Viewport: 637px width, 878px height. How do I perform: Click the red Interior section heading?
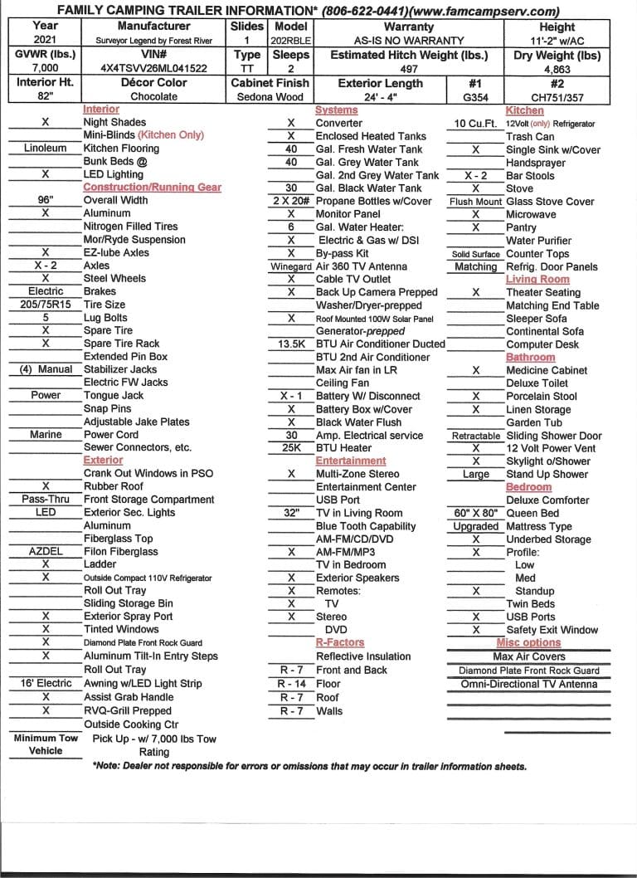pyautogui.click(x=101, y=110)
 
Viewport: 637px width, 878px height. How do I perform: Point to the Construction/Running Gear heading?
pyautogui.click(x=153, y=188)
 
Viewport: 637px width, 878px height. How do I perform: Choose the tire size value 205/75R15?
pyautogui.click(x=46, y=305)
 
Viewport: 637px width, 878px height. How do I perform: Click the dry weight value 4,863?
pyautogui.click(x=557, y=68)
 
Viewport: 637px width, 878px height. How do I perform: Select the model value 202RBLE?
pyautogui.click(x=290, y=40)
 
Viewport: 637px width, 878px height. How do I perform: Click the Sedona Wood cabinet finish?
pyautogui.click(x=270, y=96)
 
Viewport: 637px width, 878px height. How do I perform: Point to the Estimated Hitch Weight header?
pyautogui.click(x=408, y=55)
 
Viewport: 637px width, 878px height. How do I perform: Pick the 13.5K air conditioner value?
pyautogui.click(x=291, y=344)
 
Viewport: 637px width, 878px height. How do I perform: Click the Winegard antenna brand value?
pyautogui.click(x=291, y=266)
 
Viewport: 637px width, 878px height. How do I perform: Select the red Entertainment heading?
pyautogui.click(x=351, y=461)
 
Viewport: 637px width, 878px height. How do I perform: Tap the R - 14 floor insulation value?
pyautogui.click(x=291, y=684)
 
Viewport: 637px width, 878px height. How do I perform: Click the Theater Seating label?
pyautogui.click(x=543, y=292)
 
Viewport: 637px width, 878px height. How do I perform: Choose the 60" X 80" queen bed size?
pyautogui.click(x=476, y=513)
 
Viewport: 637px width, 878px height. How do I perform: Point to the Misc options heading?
pyautogui.click(x=528, y=642)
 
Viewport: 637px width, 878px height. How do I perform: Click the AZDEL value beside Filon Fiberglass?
pyautogui.click(x=46, y=551)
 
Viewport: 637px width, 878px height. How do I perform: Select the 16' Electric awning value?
pyautogui.click(x=46, y=683)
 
